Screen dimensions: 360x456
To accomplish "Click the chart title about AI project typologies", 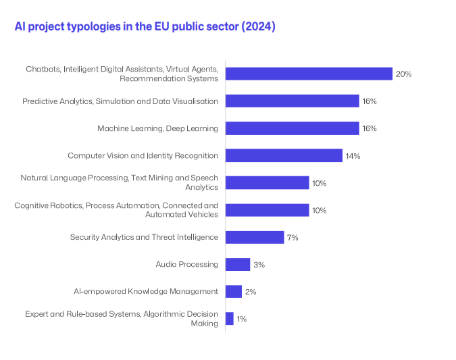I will click(145, 27).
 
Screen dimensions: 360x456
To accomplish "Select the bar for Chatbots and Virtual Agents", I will click(309, 74).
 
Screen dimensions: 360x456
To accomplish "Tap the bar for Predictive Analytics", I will click(292, 101).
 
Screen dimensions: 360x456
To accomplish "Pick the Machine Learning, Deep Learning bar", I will click(292, 128).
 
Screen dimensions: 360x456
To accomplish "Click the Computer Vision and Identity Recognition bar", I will click(284, 155).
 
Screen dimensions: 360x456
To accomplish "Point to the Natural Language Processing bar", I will click(267, 183).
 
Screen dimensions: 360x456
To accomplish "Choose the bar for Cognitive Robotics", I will click(267, 210).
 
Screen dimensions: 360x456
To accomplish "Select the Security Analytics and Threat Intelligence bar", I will click(255, 237).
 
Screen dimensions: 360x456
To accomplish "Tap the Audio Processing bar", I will click(238, 265).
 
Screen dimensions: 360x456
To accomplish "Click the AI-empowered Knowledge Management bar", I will click(234, 292).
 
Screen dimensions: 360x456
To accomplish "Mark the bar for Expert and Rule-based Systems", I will click(230, 319).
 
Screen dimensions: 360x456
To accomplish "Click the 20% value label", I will click(404, 74).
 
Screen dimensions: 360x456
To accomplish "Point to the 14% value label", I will click(353, 156).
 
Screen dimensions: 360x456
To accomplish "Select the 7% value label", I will click(293, 238).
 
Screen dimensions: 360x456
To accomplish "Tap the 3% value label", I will click(259, 265).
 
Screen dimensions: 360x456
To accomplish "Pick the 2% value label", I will click(251, 292).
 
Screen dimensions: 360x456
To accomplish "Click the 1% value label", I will click(242, 319).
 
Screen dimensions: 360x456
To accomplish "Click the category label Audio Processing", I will click(187, 265).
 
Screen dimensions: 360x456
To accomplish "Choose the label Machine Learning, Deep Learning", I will click(157, 128).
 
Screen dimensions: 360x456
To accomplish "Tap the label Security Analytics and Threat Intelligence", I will click(144, 237).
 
